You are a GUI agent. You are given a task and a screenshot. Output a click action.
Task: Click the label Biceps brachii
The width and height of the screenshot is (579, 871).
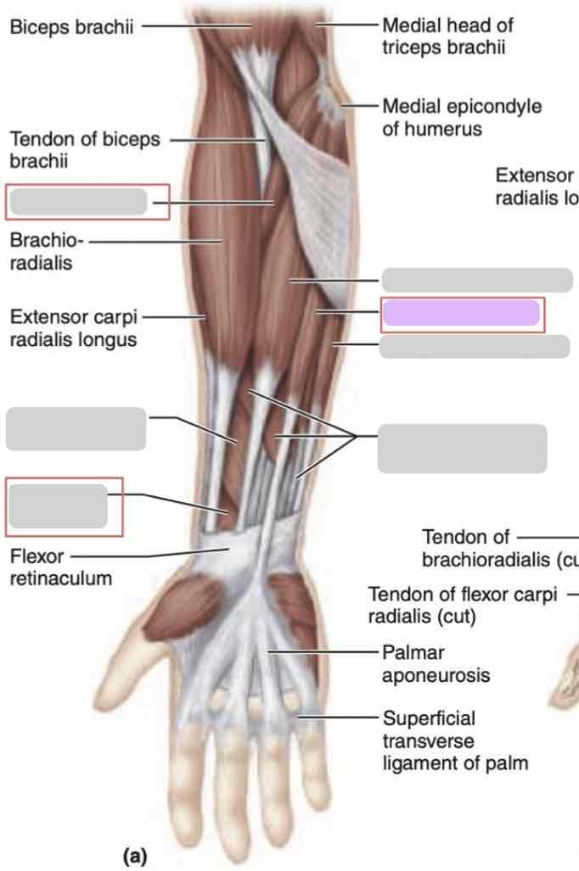click(71, 26)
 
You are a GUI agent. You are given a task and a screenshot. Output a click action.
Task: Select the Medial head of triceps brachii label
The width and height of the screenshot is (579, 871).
click(447, 36)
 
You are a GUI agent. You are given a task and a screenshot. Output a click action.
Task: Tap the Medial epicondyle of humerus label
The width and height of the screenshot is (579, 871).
click(462, 118)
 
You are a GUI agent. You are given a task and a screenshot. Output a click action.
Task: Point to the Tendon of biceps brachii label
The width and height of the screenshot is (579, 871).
click(84, 149)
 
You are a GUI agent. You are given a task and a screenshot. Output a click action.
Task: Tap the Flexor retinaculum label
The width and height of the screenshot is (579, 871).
click(60, 568)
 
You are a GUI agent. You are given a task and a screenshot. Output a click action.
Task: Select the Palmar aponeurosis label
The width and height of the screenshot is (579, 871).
click(435, 664)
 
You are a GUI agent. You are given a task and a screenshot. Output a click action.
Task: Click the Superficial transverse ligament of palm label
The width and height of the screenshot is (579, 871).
click(454, 740)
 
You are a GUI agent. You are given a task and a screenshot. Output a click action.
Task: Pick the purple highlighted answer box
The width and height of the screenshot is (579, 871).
click(461, 313)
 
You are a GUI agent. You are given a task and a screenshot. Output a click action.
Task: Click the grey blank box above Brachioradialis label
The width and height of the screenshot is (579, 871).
click(79, 202)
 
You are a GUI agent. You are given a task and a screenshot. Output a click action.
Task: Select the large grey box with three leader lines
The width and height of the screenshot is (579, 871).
click(462, 449)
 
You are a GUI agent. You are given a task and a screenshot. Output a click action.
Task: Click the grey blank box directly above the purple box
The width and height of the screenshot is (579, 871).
click(476, 280)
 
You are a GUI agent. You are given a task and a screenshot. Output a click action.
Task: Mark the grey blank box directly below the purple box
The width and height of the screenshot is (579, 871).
click(474, 346)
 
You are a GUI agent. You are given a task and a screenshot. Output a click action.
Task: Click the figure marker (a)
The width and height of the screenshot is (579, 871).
click(135, 857)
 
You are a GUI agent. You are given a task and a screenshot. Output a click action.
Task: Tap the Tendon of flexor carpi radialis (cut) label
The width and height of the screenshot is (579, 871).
click(462, 605)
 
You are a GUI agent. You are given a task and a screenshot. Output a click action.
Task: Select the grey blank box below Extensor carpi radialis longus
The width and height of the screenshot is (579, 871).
click(76, 428)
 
